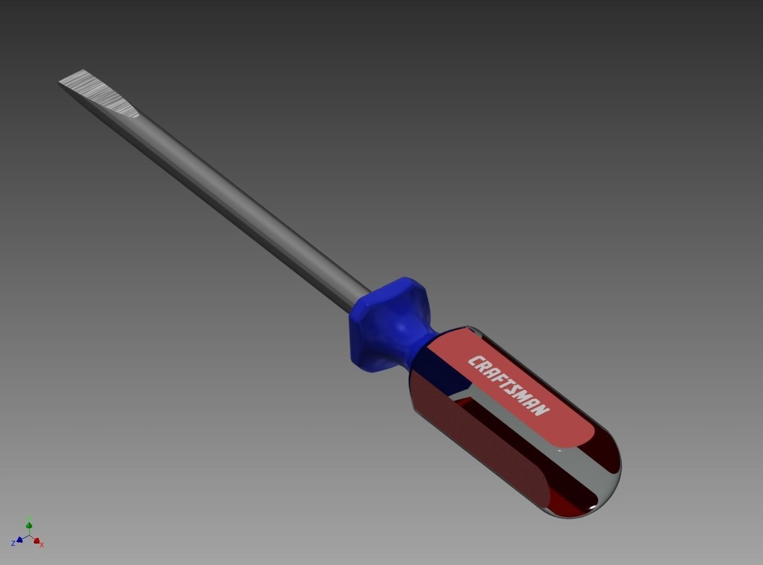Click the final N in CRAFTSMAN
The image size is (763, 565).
[x=541, y=409]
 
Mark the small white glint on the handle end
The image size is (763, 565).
[x=592, y=507]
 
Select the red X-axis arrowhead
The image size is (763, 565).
[x=37, y=541]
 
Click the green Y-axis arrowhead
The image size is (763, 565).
[x=29, y=525]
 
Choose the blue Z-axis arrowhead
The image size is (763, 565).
[x=20, y=540]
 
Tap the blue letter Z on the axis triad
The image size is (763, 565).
[x=13, y=544]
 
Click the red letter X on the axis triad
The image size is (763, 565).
[x=42, y=545]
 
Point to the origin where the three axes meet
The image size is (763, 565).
[x=29, y=536]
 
